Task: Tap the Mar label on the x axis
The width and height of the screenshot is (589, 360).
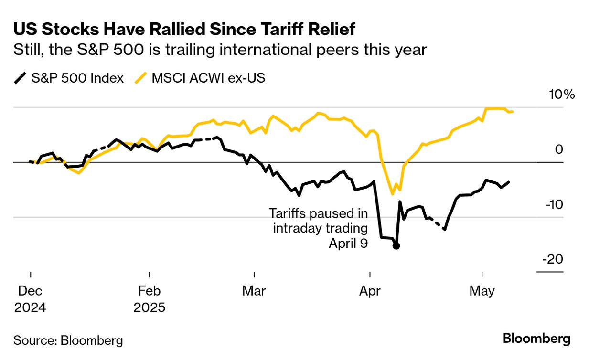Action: pos(255,291)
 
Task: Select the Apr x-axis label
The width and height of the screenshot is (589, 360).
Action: pos(370,291)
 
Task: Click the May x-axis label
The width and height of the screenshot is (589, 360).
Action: pos(482,291)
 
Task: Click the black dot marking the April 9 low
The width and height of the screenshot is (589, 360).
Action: pos(396,245)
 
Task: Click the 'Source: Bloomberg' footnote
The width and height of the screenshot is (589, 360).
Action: pos(68,340)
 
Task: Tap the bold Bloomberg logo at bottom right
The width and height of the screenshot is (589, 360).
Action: pos(537,339)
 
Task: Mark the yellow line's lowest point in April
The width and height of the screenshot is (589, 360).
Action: pos(393,194)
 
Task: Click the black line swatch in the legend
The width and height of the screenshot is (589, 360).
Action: pos(20,78)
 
